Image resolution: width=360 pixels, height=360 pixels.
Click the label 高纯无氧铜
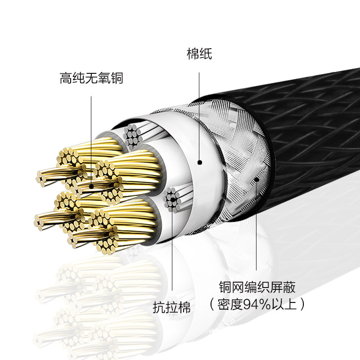[x=91, y=78]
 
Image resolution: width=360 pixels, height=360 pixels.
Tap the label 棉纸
[x=199, y=54]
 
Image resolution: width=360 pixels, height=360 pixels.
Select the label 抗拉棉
[x=171, y=307]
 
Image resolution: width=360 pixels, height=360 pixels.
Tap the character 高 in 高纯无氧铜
[x=66, y=78]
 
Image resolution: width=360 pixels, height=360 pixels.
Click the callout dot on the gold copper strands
[x=91, y=185]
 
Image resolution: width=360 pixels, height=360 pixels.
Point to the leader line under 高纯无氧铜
[x=91, y=135]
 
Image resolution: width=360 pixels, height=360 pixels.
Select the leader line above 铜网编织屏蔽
[x=256, y=225]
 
